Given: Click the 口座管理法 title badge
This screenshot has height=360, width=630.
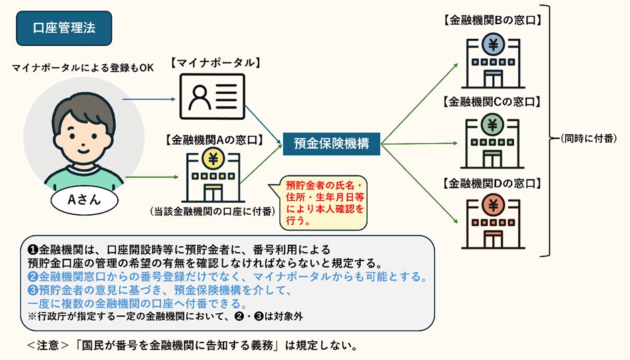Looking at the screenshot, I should click(64, 27).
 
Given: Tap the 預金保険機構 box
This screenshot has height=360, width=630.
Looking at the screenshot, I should click(331, 142).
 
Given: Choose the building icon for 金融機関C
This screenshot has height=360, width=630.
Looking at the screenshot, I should click(493, 140).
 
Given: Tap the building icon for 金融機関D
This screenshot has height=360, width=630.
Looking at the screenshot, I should click(493, 221).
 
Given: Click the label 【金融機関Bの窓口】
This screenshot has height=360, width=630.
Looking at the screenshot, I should click(493, 20).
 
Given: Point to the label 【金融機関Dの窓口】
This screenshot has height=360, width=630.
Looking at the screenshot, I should click(493, 183).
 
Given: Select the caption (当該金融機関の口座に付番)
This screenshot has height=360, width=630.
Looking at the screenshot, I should click(212, 211).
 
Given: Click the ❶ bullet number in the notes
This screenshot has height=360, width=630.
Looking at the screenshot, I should click(33, 249).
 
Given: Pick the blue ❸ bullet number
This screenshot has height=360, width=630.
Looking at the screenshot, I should click(33, 290).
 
